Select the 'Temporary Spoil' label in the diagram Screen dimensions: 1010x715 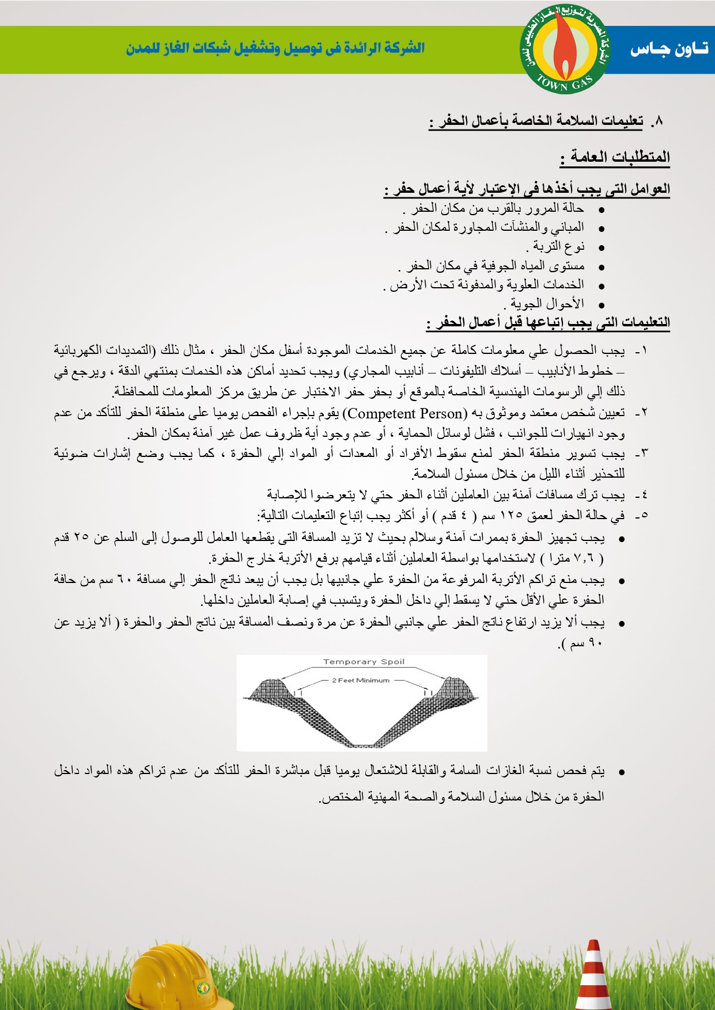(x=364, y=662)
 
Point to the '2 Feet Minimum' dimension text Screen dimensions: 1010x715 (x=361, y=680)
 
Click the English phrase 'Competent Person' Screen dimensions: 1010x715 (x=407, y=413)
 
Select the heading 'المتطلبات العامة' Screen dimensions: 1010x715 (x=615, y=157)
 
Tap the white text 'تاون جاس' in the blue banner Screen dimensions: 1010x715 (x=668, y=49)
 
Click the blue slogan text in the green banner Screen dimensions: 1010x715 (x=275, y=48)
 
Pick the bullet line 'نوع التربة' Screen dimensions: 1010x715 (x=556, y=246)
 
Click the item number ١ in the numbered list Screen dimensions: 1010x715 (x=643, y=350)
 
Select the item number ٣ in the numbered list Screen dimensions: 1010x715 (x=643, y=453)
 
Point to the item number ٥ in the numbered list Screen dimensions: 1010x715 (x=643, y=516)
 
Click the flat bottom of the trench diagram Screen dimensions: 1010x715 (x=362, y=744)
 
